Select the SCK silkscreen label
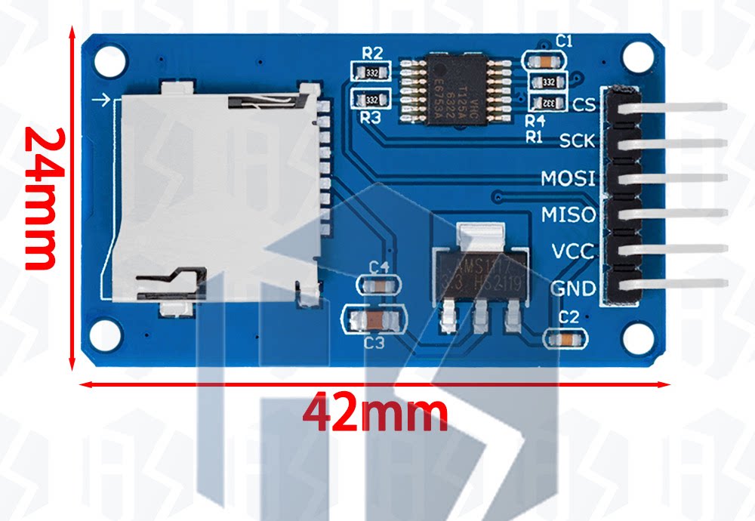(578, 140)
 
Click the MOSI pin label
(569, 179)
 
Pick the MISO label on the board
(569, 215)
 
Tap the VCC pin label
(573, 251)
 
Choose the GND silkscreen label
(573, 288)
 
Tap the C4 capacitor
(378, 285)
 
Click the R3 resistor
(371, 100)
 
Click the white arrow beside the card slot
(100, 100)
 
